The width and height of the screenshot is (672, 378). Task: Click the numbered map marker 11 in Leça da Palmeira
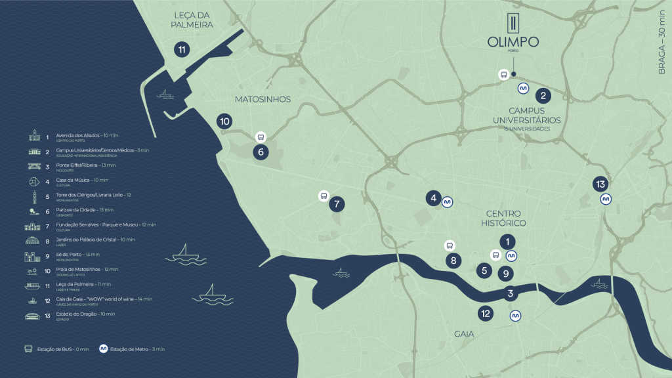click(181, 49)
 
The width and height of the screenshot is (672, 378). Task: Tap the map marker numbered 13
click(600, 184)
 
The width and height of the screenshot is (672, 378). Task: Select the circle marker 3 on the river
click(510, 293)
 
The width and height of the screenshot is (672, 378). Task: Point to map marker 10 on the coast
click(224, 121)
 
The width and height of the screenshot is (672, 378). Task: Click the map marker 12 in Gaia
click(486, 314)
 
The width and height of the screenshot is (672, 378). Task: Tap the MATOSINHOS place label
click(262, 99)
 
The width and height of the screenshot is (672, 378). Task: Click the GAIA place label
click(464, 334)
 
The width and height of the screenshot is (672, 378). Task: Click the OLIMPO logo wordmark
click(513, 42)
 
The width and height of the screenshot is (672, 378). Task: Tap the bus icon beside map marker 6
click(261, 137)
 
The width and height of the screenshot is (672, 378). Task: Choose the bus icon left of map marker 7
click(323, 196)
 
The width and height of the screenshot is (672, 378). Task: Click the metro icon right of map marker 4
click(448, 202)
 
